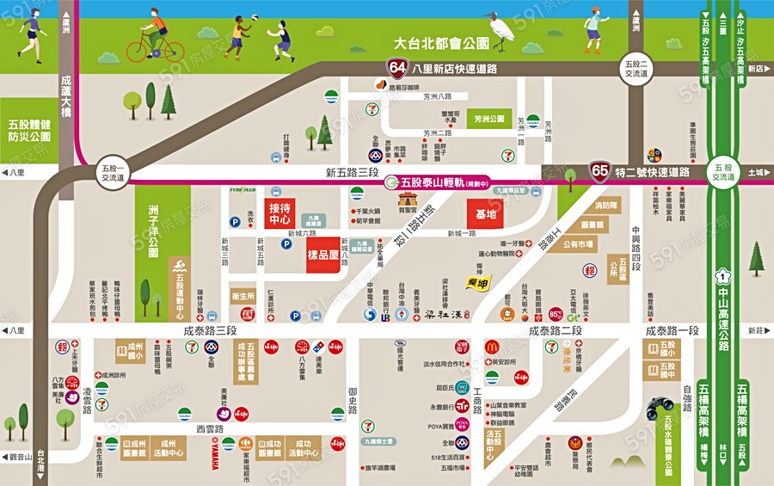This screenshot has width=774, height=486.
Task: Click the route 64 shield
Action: click(397, 68)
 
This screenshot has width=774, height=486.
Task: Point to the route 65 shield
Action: click(599, 171)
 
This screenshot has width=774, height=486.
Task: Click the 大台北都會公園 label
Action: click(441, 42)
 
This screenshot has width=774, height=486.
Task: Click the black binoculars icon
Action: click(660, 405)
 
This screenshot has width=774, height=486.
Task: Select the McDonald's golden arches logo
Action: click(492, 346)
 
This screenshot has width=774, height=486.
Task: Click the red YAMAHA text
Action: click(214, 453)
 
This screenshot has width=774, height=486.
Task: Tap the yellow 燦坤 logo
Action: click(477, 282)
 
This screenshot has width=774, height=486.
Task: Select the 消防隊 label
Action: click(606, 206)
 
